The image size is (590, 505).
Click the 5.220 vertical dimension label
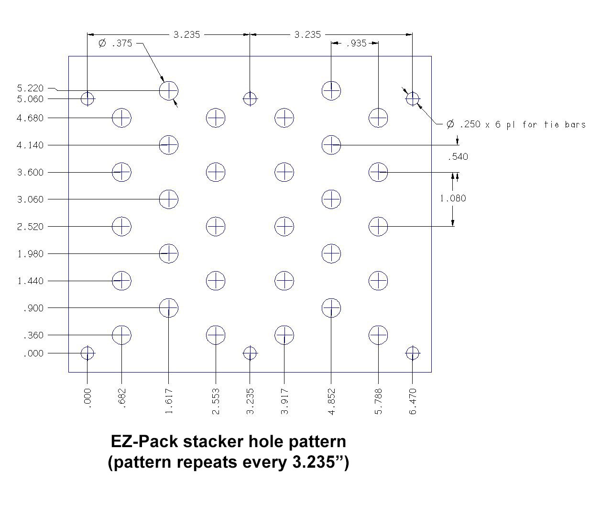tap(30, 88)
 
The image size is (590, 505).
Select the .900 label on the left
tap(33, 308)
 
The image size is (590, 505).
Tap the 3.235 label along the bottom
tap(250, 402)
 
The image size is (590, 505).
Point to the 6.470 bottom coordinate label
tap(413, 402)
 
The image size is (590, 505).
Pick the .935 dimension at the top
tap(355, 44)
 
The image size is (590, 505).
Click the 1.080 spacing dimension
tap(453, 198)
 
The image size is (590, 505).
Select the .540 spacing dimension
tap(458, 156)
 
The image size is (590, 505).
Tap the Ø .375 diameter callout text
tap(115, 44)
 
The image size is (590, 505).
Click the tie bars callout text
tap(516, 124)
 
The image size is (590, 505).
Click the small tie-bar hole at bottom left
tap(87, 353)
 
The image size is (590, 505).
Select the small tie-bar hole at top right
tap(413, 99)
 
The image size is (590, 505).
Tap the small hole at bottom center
tap(250, 353)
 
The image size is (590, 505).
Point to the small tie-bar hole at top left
tap(87, 99)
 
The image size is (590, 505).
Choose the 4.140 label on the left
tap(30, 145)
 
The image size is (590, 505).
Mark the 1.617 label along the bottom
tap(169, 402)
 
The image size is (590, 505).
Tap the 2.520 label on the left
tap(30, 227)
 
